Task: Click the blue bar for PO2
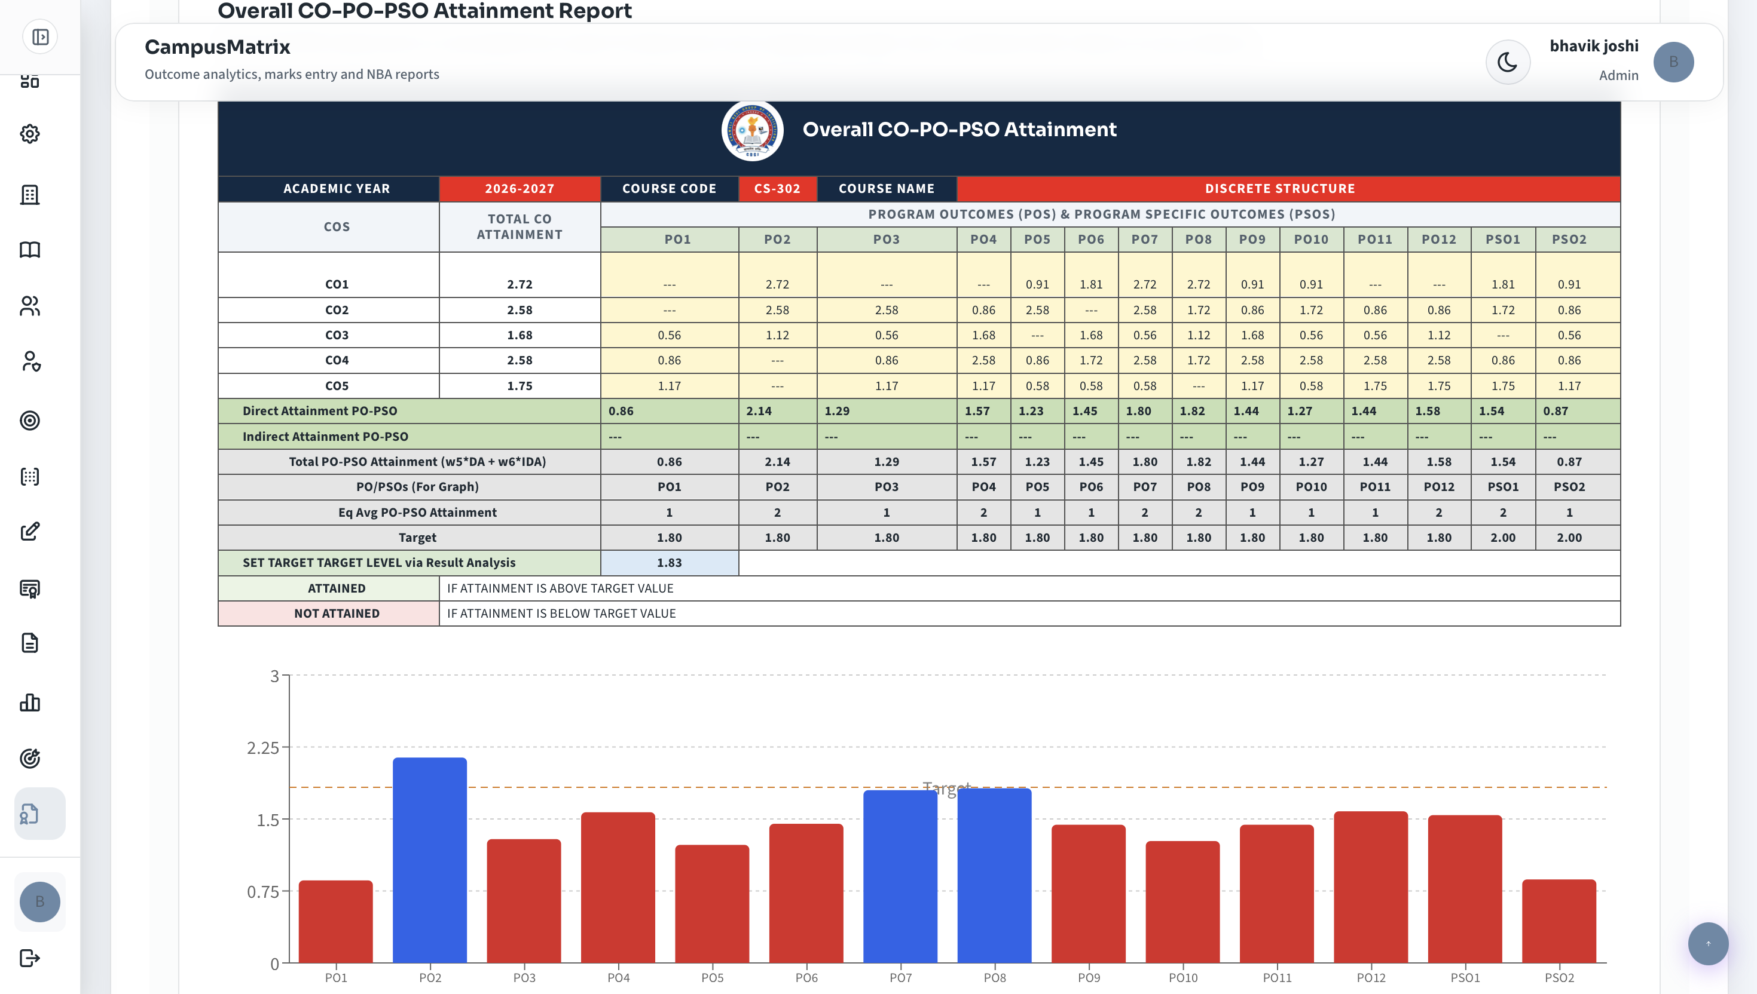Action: click(x=430, y=860)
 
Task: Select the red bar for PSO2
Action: click(x=1559, y=921)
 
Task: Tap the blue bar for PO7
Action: click(x=900, y=876)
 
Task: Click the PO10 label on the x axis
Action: click(x=1182, y=978)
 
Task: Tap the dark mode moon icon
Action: click(x=1508, y=62)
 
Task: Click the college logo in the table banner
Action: click(x=752, y=130)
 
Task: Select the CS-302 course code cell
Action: click(x=777, y=188)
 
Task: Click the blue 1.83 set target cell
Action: click(x=670, y=563)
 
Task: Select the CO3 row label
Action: click(x=337, y=335)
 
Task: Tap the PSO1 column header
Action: click(x=1503, y=240)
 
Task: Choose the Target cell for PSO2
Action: click(x=1569, y=537)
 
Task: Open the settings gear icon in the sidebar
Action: click(x=30, y=134)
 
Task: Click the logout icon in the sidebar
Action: click(x=30, y=958)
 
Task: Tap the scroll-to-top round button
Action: click(x=1708, y=943)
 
